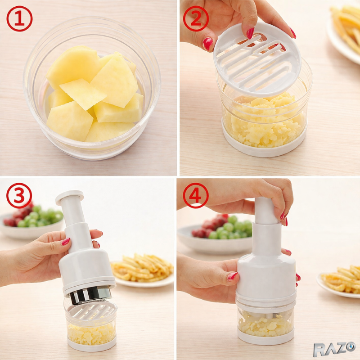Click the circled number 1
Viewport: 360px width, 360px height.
[19, 18]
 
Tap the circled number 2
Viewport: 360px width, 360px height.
[196, 18]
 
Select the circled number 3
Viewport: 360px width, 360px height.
[19, 196]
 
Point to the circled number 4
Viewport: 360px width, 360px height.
[196, 196]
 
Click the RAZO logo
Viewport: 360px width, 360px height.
[334, 349]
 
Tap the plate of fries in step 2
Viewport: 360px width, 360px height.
[344, 30]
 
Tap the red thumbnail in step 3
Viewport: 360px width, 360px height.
[66, 241]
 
